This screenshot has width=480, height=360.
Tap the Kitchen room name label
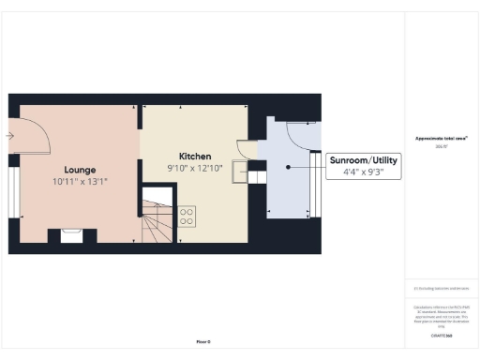[x=195, y=155]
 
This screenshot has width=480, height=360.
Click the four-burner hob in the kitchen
[x=187, y=216]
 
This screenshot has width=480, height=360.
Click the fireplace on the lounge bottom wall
[x=70, y=235]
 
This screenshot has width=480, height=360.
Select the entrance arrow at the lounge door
[x=9, y=136]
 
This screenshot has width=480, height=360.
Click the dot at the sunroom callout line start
[x=288, y=167]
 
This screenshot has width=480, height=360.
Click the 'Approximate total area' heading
[x=442, y=139]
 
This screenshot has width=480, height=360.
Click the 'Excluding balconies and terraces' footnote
[x=442, y=289]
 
